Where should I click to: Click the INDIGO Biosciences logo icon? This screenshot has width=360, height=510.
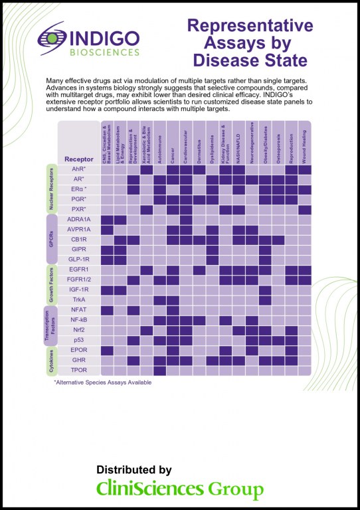pos(50,40)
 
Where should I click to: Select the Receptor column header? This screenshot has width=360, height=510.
pos(79,159)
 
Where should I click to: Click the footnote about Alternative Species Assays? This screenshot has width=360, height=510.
pos(102,382)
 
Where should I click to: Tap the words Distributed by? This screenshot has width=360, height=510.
pos(134,470)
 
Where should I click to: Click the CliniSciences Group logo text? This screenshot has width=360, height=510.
pos(180,490)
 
